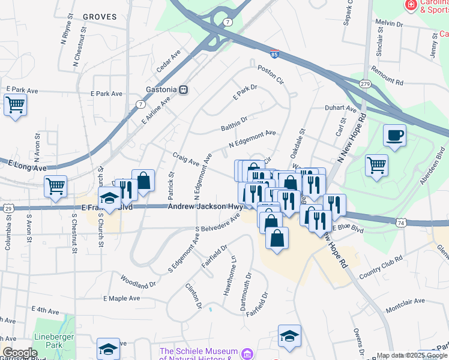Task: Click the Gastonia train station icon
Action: (x=184, y=90)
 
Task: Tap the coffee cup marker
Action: (x=394, y=136)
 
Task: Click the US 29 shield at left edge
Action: (x=8, y=208)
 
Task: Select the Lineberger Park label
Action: (x=53, y=341)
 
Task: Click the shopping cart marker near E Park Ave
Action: (x=15, y=105)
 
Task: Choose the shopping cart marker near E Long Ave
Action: (x=55, y=187)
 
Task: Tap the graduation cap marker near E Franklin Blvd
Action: (x=110, y=198)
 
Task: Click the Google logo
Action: (x=20, y=353)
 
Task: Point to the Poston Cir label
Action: (x=270, y=76)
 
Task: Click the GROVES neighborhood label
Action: (x=100, y=17)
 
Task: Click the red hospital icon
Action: (x=411, y=5)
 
